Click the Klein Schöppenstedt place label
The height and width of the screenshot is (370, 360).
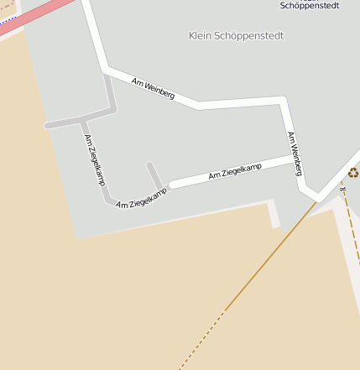pyautogui.click(x=237, y=36)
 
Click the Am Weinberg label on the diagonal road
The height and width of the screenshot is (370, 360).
pyautogui.click(x=153, y=89)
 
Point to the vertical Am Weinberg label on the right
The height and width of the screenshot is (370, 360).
pyautogui.click(x=295, y=154)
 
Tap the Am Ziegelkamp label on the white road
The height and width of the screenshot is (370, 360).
pyautogui.click(x=235, y=171)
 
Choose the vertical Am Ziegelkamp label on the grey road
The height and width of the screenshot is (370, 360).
pyautogui.click(x=94, y=159)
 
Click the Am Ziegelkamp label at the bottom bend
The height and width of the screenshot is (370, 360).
pyautogui.click(x=141, y=198)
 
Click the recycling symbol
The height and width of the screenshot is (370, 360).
pyautogui.click(x=353, y=172)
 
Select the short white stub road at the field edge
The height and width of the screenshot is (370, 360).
pyautogui.click(x=274, y=215)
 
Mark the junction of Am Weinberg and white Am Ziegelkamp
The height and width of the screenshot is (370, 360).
pyautogui.click(x=296, y=155)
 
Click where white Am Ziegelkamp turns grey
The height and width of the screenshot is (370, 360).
pyautogui.click(x=171, y=184)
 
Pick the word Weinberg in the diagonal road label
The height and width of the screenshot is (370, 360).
pyautogui.click(x=159, y=91)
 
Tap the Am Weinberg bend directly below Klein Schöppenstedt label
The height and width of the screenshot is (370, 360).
pyautogui.click(x=199, y=105)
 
